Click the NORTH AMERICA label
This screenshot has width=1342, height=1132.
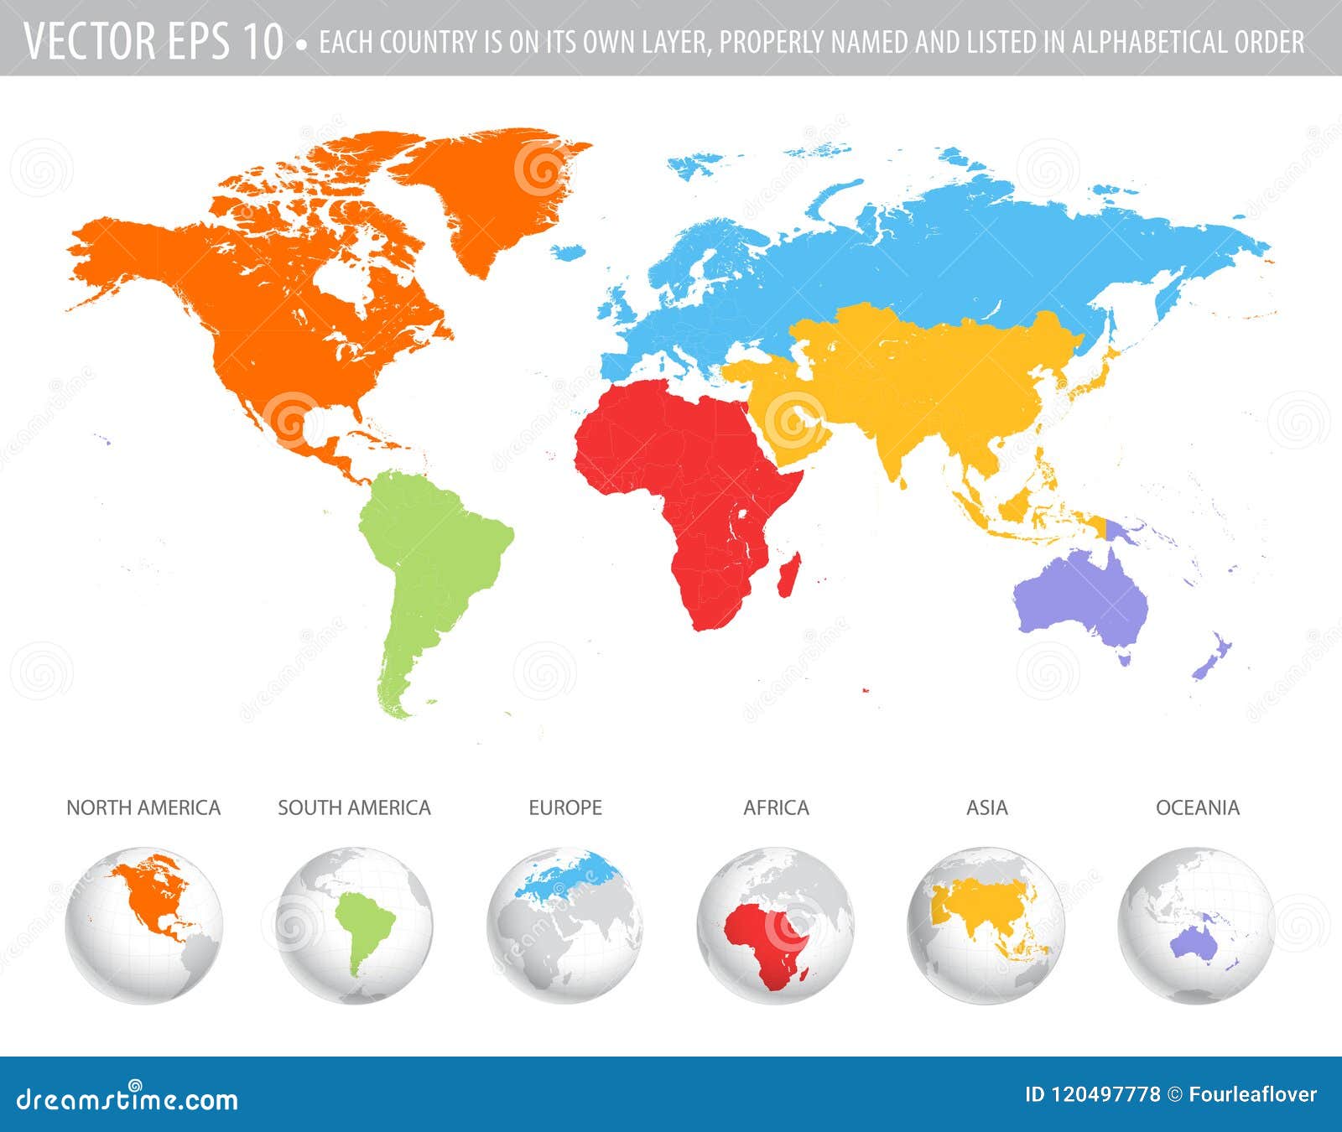[x=143, y=807]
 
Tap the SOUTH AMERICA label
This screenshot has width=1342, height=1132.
[x=354, y=807]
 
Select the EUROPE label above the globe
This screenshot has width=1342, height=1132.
[x=565, y=807]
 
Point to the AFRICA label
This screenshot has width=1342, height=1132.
[x=776, y=807]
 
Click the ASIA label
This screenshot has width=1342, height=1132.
[x=986, y=807]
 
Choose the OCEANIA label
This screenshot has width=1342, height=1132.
[x=1197, y=807]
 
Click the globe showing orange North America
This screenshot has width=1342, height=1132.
[x=143, y=925]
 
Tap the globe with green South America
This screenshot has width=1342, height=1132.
[x=354, y=925]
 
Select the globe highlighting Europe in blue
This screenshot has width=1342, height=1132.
[x=565, y=925]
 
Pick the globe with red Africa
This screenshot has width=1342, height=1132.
[x=776, y=925]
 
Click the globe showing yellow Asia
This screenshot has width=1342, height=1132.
[x=986, y=925]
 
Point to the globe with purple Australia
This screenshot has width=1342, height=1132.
[x=1197, y=925]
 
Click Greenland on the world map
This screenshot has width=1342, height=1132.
[x=495, y=193]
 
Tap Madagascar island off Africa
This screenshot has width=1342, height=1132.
[x=788, y=574]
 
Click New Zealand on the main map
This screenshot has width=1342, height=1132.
[x=1212, y=658]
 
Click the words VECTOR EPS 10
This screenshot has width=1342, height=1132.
[x=153, y=40]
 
